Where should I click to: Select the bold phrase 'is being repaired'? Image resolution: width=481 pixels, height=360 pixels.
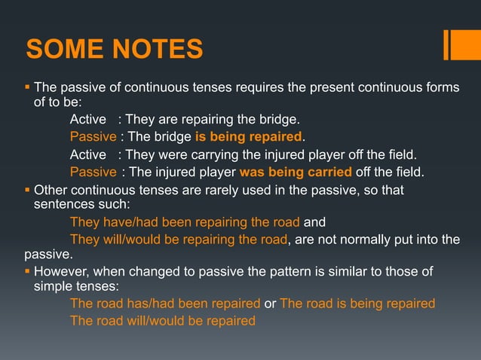tap(248, 137)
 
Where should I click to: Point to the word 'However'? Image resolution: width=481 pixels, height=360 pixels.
tap(63, 270)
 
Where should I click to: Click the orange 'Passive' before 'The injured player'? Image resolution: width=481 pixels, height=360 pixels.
tap(93, 172)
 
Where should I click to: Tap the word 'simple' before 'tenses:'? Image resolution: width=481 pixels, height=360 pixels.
tap(54, 287)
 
